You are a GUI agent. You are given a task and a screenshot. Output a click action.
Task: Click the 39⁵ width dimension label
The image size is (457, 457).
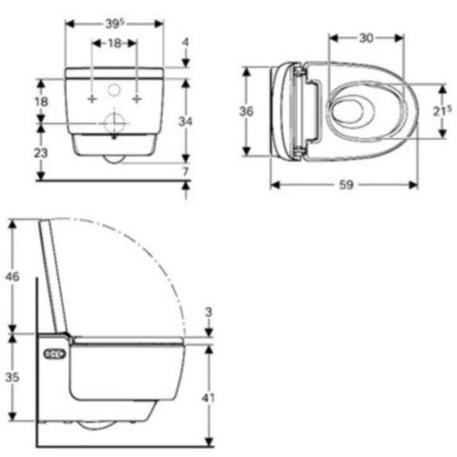coord(114,24)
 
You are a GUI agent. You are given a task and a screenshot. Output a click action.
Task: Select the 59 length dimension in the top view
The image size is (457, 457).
coord(346,185)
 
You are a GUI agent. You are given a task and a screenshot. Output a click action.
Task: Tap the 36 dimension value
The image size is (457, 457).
coord(246,111)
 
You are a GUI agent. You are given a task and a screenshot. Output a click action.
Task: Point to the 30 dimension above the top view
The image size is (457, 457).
coord(366,38)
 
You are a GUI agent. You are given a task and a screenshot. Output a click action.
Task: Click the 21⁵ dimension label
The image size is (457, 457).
coord(442,111)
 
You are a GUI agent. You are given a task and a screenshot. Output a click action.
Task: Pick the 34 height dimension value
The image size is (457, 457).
coord(185,121)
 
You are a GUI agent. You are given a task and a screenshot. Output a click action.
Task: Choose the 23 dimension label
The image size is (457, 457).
coord(41,153)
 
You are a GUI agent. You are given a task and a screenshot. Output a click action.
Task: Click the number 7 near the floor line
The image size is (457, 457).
coord(186,171)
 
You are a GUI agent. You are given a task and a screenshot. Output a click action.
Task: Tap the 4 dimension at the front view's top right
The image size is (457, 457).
coord(186,43)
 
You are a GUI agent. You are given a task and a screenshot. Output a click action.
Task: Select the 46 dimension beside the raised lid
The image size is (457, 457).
coord(12,276)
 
